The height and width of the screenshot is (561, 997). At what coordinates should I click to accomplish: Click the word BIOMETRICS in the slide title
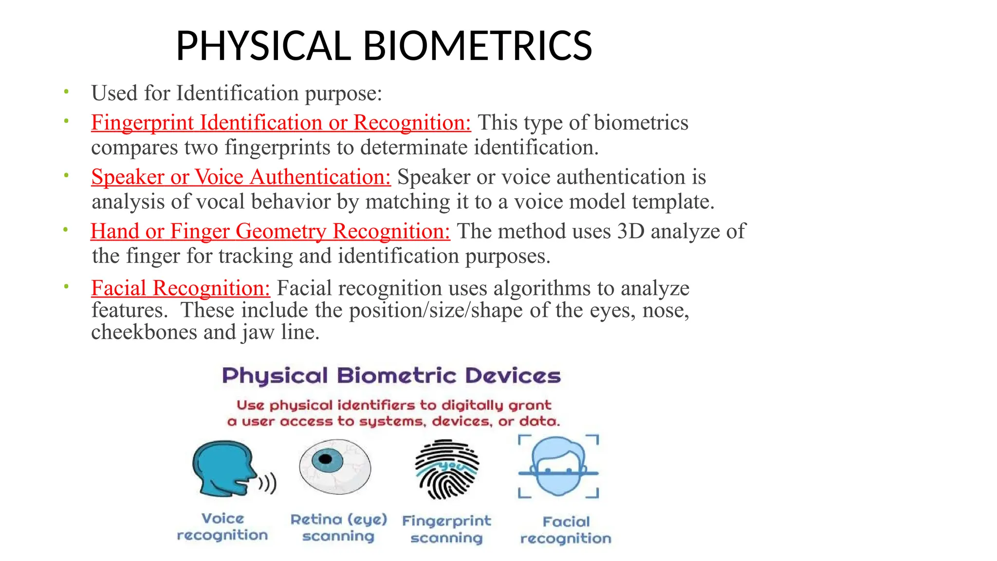[x=477, y=46]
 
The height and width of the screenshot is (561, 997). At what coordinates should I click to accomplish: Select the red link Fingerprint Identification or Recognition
[x=281, y=123]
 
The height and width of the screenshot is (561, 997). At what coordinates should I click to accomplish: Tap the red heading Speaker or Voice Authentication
[x=241, y=177]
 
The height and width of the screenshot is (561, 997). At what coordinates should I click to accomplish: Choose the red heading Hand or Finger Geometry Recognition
[x=270, y=231]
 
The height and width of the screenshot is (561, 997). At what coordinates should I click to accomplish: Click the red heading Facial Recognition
[x=181, y=288]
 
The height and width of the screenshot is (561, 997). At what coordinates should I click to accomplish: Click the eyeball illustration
[x=335, y=467]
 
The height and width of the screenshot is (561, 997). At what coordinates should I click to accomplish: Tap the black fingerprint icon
[x=446, y=469]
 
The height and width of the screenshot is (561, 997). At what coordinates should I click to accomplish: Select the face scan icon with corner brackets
[x=558, y=467]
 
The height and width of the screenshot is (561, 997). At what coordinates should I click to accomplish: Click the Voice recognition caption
[x=222, y=527]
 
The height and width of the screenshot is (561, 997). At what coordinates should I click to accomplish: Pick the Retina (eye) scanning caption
[x=339, y=528]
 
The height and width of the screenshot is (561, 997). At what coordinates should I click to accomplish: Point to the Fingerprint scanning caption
[x=446, y=529]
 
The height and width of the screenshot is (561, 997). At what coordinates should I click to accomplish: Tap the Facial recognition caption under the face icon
[x=566, y=530]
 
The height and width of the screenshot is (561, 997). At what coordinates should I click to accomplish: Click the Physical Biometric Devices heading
[x=391, y=376]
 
